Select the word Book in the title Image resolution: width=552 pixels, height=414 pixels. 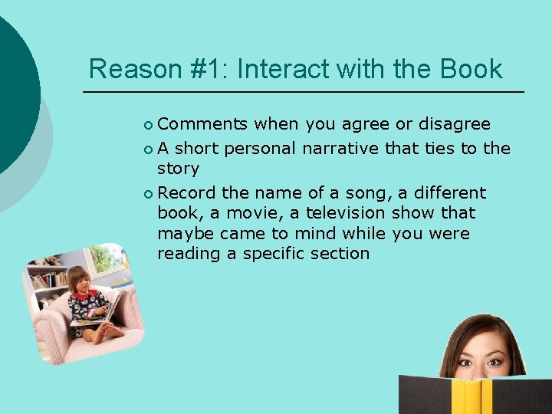472,69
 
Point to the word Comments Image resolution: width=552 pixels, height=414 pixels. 202,124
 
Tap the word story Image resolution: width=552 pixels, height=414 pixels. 178,168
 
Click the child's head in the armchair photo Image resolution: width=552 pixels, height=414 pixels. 79,278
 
